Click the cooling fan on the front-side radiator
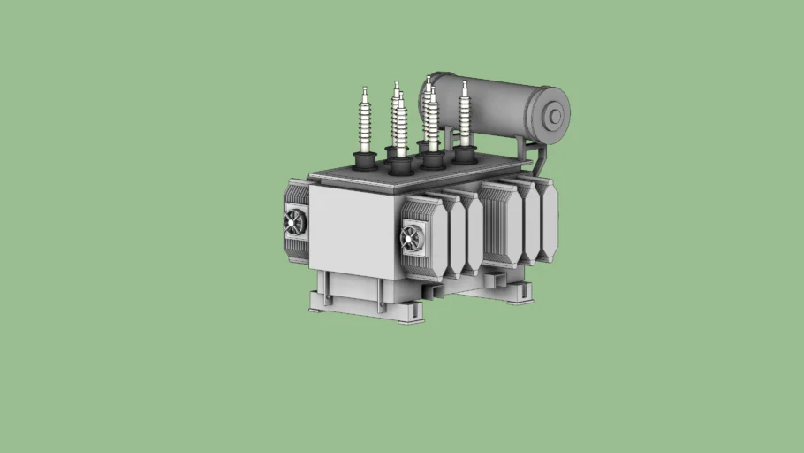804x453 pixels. point(413,237)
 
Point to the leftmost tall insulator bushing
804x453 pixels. point(364,124)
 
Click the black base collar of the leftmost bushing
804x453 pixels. point(364,161)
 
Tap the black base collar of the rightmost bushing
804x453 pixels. point(464,154)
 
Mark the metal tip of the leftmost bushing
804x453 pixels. point(364,90)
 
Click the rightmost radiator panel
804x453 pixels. point(547,221)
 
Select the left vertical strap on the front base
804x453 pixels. point(324,290)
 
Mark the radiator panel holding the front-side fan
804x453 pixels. point(422,237)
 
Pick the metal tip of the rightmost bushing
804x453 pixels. point(465,85)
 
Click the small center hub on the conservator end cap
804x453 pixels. point(556,116)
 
